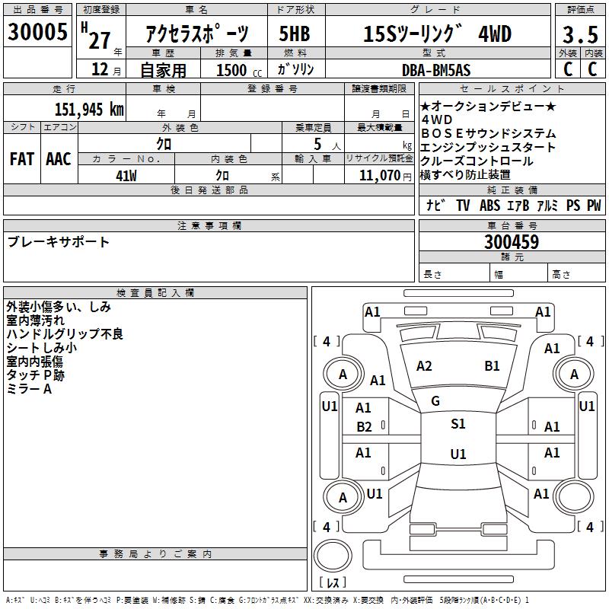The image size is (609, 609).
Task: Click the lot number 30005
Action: (x=37, y=31)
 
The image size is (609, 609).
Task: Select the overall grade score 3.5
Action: (x=580, y=34)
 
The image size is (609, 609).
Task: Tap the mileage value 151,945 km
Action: (x=89, y=109)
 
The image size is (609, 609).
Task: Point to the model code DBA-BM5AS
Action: (x=436, y=70)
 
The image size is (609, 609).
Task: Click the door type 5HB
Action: (x=295, y=33)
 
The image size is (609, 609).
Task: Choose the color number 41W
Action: (x=126, y=176)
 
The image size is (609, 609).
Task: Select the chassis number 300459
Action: (x=512, y=242)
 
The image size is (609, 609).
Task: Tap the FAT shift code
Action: (x=22, y=159)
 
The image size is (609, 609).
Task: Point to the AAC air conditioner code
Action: (x=59, y=159)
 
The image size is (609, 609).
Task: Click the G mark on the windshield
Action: (x=435, y=401)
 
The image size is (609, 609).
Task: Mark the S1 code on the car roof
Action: (x=458, y=424)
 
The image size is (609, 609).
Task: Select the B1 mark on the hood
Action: (x=492, y=366)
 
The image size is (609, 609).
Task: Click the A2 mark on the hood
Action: (x=424, y=366)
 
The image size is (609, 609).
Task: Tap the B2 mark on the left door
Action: (x=364, y=427)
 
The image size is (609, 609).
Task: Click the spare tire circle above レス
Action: (x=333, y=555)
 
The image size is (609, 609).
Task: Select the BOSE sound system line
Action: (x=489, y=133)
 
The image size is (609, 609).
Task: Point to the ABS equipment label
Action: (x=489, y=205)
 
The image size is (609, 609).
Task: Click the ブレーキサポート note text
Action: (x=59, y=241)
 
